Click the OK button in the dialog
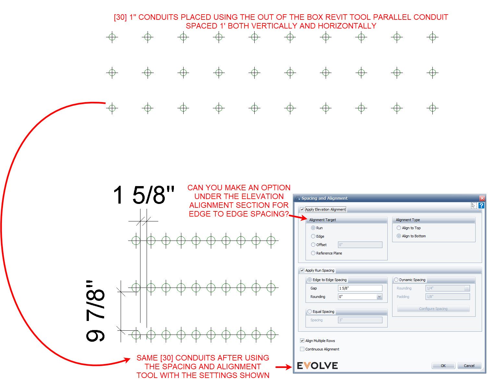click(443, 366)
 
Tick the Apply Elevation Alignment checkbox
click(302, 209)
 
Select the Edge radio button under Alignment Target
click(313, 236)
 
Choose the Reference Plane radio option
click(313, 253)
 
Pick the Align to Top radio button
click(399, 228)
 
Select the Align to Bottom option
click(399, 236)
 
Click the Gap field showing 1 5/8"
click(360, 288)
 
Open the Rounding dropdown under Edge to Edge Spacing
click(379, 297)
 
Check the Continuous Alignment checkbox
click(302, 349)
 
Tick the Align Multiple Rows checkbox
click(302, 341)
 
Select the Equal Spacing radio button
click(310, 312)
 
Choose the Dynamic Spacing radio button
click(396, 280)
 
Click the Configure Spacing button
click(433, 309)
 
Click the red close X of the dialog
click(482, 198)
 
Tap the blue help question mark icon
click(481, 206)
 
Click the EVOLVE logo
click(317, 366)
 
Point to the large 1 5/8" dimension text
click(144, 195)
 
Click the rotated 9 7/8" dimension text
click(96, 311)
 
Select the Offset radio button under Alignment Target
click(313, 245)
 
